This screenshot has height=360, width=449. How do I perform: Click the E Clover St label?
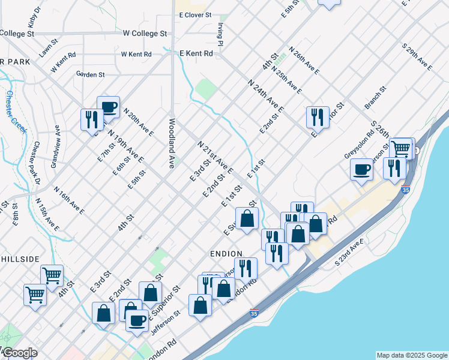(x=196, y=14)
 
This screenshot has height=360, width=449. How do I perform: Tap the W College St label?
(x=144, y=34)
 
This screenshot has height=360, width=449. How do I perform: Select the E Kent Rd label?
(x=196, y=53)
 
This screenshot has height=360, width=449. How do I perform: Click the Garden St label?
(x=90, y=74)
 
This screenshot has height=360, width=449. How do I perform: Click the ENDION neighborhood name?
(x=226, y=254)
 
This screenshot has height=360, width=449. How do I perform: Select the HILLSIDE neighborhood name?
(x=20, y=259)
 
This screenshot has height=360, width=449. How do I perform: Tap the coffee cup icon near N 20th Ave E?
(x=108, y=108)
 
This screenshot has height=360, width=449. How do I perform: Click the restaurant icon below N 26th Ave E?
(x=317, y=116)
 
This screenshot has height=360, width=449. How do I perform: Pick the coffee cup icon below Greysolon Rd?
(x=362, y=170)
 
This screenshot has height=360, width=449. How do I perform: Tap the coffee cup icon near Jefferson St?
(x=137, y=321)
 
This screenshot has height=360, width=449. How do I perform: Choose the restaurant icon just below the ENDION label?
(x=246, y=268)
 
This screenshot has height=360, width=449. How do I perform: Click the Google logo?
(x=19, y=353)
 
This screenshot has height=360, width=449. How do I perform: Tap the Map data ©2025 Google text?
(x=411, y=355)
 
